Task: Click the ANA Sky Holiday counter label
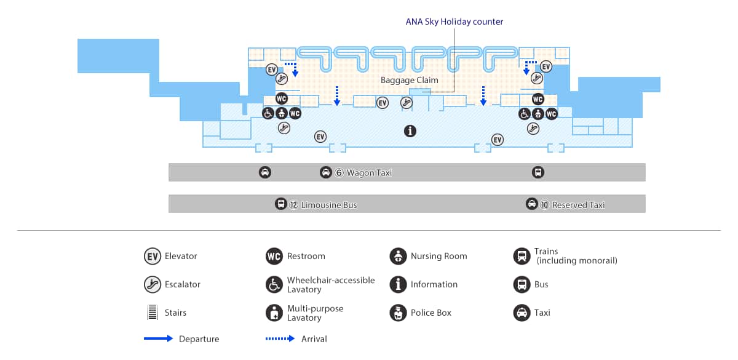[454, 22]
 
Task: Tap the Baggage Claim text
[409, 80]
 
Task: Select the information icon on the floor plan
[410, 130]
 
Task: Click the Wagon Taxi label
[369, 173]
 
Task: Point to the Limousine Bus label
[328, 205]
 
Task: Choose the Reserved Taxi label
[578, 205]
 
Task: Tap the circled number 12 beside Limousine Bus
[294, 205]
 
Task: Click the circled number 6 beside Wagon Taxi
[338, 173]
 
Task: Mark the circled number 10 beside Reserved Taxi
[544, 205]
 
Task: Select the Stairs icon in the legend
[152, 313]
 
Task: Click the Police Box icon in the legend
[398, 313]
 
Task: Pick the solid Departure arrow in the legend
[158, 338]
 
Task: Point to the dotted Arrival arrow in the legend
[280, 338]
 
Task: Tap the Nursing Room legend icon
[398, 256]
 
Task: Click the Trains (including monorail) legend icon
[522, 256]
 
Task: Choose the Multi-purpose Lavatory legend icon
[274, 313]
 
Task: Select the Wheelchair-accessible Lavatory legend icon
[274, 284]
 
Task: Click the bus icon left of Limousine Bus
[280, 204]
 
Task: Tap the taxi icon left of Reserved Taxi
[531, 204]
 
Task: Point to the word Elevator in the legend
[181, 256]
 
